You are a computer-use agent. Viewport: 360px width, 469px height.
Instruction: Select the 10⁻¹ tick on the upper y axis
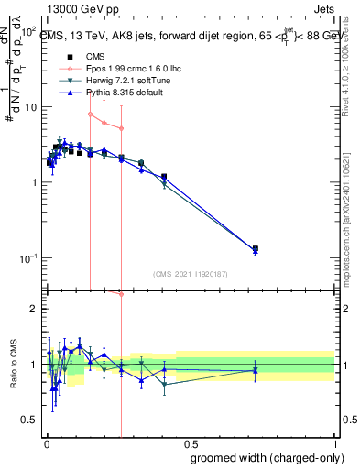[27, 257]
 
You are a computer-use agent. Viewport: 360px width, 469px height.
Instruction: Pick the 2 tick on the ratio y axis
[34, 309]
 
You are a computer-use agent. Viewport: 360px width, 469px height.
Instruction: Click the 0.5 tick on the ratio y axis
[30, 420]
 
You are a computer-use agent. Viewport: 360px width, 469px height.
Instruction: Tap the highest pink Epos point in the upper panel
[90, 115]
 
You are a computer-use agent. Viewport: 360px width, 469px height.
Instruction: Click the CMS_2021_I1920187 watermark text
[190, 273]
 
